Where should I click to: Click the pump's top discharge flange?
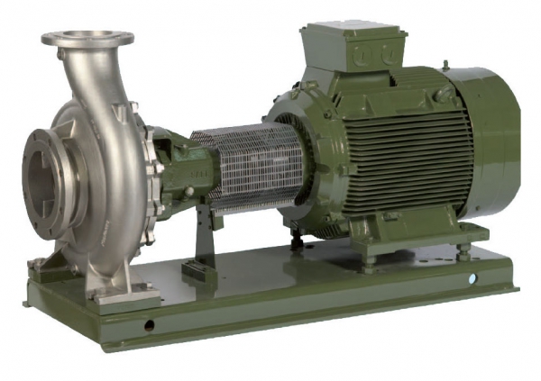pyautogui.click(x=87, y=38)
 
